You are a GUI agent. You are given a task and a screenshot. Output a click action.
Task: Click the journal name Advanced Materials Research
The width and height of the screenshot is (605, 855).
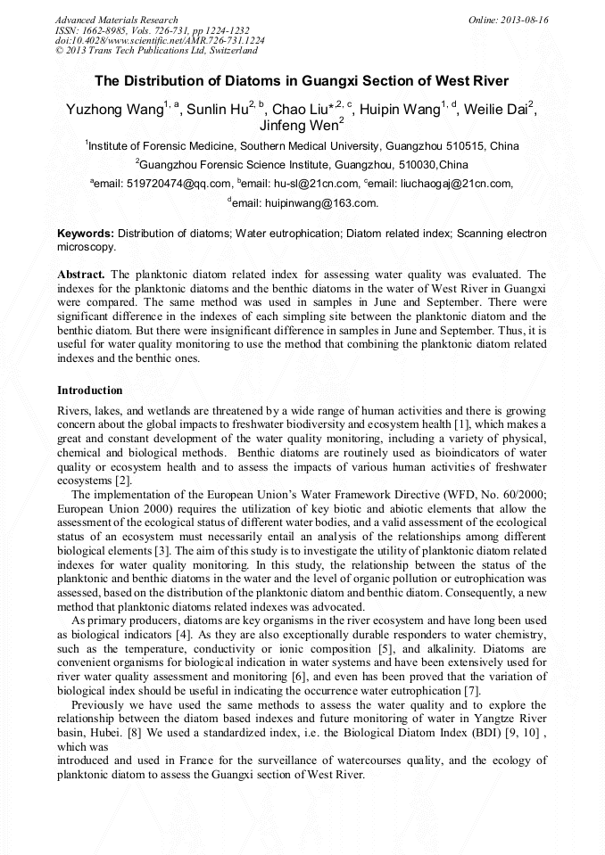coord(116,20)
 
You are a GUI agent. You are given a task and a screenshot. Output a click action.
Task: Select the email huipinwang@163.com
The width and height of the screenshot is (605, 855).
coord(305,203)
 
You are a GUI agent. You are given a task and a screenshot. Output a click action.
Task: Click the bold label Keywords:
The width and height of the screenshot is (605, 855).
coord(86,233)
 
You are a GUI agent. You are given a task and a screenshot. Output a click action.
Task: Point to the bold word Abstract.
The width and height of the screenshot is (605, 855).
coord(82,274)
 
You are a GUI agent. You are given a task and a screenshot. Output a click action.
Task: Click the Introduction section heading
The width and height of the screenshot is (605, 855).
coord(89,391)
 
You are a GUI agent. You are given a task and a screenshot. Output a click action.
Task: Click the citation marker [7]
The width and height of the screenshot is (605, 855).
coord(472,690)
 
